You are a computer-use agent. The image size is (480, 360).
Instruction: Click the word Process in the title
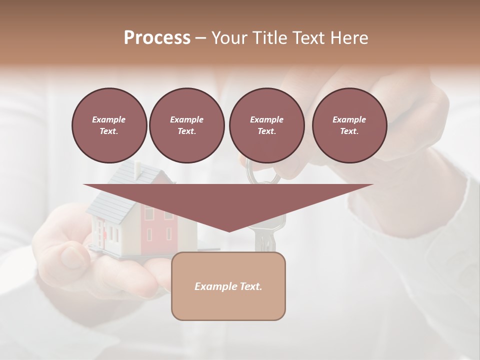point(157,38)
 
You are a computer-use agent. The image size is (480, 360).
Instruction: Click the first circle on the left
point(109,125)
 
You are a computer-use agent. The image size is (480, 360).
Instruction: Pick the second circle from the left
point(186,125)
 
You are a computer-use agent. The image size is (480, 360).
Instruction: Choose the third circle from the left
point(266,125)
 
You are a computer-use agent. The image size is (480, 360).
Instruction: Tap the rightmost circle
point(349,125)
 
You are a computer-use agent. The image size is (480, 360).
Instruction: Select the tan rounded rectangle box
point(228,305)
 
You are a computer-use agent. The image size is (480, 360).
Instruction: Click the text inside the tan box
point(228,286)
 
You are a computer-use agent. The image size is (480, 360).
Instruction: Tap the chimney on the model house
point(136,170)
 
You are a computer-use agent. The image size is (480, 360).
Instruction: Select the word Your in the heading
point(229,38)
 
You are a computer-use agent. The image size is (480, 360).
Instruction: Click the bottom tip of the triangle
point(229,230)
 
